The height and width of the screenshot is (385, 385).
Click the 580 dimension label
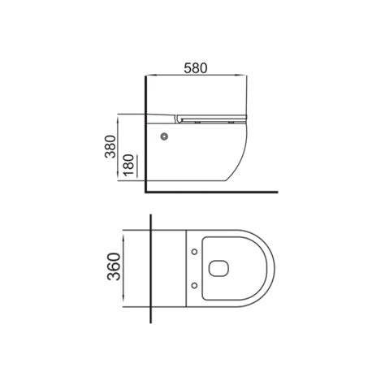point(195,69)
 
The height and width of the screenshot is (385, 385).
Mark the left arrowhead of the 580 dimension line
point(148,78)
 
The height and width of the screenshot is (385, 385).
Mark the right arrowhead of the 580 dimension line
point(244,78)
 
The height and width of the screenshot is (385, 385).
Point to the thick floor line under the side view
point(211,192)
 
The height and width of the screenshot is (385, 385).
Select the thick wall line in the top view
point(153,268)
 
